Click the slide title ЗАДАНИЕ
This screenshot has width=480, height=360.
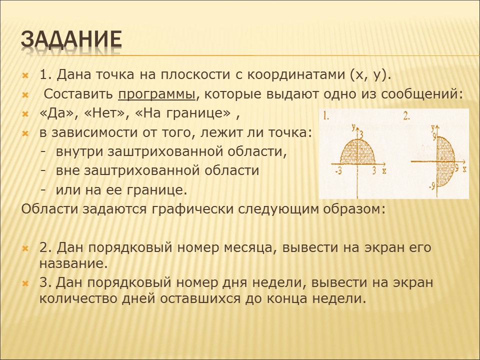tap(71, 39)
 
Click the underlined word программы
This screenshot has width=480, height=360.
tap(156, 95)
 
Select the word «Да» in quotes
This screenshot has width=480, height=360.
tap(57, 113)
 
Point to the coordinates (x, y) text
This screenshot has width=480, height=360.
tap(369, 75)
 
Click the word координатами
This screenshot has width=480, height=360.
tap(295, 75)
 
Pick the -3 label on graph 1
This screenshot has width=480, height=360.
tap(338, 171)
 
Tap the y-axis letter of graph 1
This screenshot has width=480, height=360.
tap(353, 126)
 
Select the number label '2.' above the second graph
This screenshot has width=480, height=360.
tap(406, 116)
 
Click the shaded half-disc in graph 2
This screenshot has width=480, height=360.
tap(445, 161)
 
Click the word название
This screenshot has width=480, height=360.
tap(74, 263)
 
